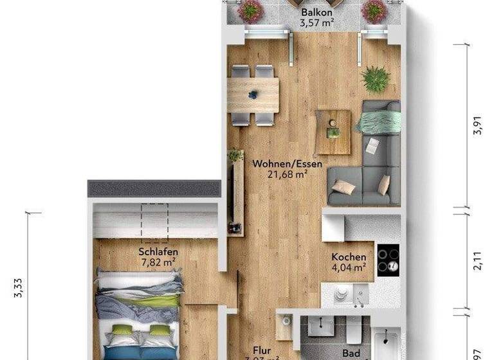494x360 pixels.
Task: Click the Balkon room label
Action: (x=316, y=13)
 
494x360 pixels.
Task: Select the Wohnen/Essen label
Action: (x=288, y=163)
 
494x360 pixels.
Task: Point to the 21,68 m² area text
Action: (x=288, y=174)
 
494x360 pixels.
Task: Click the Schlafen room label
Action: (x=158, y=252)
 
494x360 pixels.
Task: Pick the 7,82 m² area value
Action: (x=158, y=262)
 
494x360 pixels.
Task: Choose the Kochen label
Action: (x=349, y=257)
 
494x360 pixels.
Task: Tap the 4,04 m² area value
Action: (x=349, y=267)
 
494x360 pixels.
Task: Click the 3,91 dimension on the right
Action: (x=477, y=128)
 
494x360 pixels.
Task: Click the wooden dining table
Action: (x=253, y=95)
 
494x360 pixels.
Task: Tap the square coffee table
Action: (x=333, y=132)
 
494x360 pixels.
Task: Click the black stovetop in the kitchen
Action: (x=388, y=260)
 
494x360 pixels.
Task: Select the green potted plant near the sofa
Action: (x=376, y=79)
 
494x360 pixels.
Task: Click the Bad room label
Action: (x=351, y=354)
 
